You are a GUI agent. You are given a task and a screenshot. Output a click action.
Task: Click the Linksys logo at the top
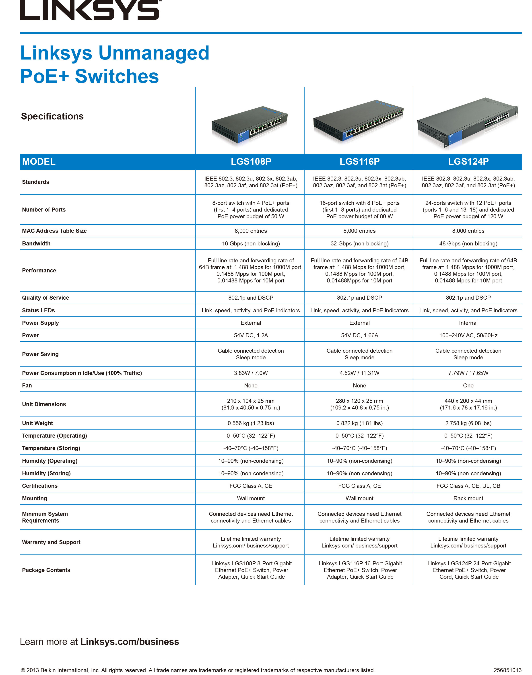(x=90, y=10)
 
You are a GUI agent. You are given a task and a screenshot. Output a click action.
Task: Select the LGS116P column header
(x=359, y=162)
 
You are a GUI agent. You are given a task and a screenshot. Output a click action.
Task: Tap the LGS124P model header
(x=468, y=162)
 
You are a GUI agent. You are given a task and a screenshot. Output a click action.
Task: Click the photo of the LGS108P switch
(x=250, y=125)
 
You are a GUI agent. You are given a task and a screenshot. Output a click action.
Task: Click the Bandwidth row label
(x=36, y=243)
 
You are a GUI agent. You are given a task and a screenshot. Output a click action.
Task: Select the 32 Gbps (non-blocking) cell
(x=359, y=243)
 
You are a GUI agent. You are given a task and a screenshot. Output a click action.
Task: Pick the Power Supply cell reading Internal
(x=468, y=323)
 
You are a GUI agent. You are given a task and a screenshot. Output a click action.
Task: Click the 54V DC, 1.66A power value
(x=359, y=335)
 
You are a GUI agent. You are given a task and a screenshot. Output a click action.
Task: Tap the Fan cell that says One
(x=468, y=385)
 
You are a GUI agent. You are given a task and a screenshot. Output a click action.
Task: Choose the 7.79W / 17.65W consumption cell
(x=468, y=373)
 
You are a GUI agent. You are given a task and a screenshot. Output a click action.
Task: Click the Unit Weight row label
(x=37, y=423)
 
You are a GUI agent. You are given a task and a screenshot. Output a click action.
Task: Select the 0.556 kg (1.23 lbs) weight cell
(x=251, y=423)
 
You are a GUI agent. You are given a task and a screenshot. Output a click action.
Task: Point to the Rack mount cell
(x=468, y=498)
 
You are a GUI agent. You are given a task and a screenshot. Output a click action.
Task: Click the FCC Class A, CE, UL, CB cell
(x=468, y=486)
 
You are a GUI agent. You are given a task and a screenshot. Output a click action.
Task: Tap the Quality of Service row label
(x=45, y=298)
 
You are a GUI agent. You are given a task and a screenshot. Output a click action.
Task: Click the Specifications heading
(x=52, y=116)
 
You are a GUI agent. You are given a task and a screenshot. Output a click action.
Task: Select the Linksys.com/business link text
(x=130, y=642)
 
